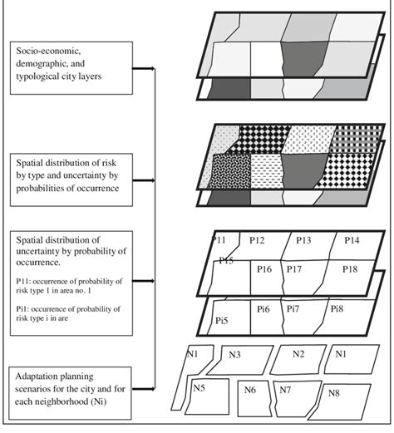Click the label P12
click(257, 240)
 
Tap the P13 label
click(303, 240)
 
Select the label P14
click(352, 240)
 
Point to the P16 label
click(264, 269)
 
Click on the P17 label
click(294, 269)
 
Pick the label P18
click(350, 269)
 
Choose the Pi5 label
click(222, 321)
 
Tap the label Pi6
click(263, 308)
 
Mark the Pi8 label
click(337, 308)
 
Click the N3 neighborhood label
click(234, 355)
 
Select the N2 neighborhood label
click(298, 354)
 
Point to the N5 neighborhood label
click(199, 388)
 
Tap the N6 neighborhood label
click(250, 390)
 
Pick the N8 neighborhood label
click(334, 393)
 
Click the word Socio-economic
click(48, 51)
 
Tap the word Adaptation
click(35, 376)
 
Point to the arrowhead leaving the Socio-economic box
click(152, 68)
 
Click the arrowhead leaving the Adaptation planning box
click(152, 389)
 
